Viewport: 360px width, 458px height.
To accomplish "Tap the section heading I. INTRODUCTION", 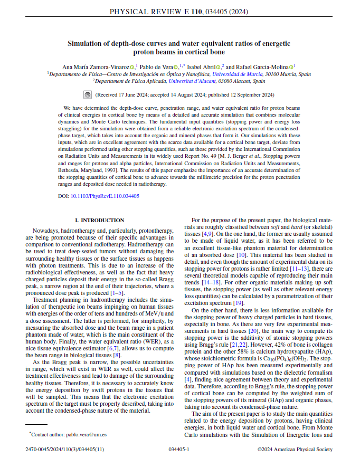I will point(100,220).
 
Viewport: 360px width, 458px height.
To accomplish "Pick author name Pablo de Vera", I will point(158,67).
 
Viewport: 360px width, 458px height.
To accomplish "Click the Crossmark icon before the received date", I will point(88,95).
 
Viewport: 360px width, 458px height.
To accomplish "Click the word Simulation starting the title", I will point(90,44).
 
